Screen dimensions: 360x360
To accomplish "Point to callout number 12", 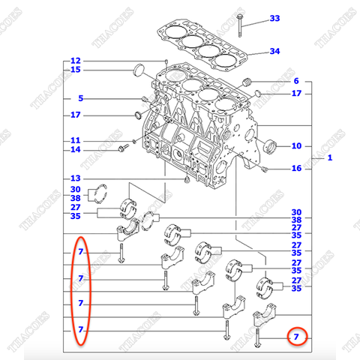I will [75, 61].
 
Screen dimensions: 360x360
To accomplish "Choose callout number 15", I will [75, 70].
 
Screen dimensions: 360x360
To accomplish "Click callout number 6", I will [295, 81].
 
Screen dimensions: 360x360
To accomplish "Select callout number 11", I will [75, 140].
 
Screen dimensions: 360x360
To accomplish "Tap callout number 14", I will [75, 150].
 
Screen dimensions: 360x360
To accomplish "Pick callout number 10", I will [295, 145].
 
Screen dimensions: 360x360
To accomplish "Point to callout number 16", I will [295, 169].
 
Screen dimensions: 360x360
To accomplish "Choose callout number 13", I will [75, 178].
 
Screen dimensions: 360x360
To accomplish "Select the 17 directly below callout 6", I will [295, 94].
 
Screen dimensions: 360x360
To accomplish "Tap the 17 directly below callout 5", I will [75, 115].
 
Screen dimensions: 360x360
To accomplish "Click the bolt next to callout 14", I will [121, 151].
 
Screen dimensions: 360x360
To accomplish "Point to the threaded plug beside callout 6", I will [250, 82].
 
